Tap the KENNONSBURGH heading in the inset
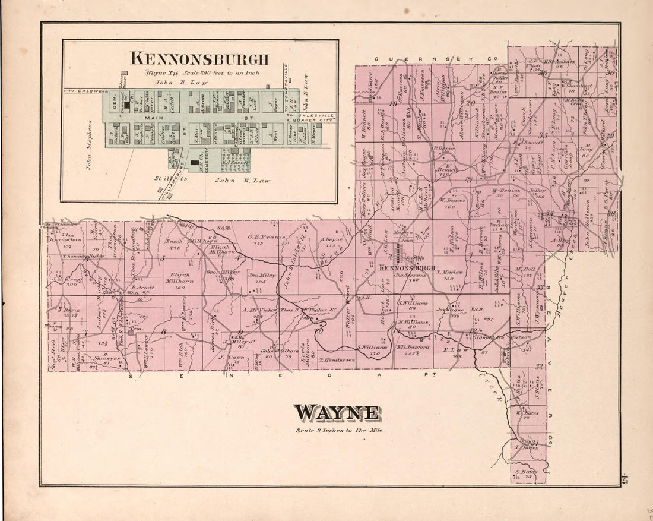point(199,59)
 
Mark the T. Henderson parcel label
point(337,360)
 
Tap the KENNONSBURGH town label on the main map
point(411,268)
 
